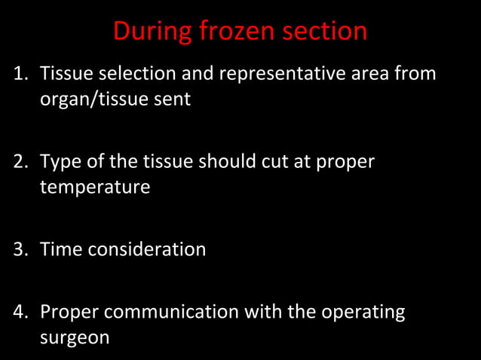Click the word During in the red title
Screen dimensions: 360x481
coord(152,32)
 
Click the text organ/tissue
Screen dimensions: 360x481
coord(93,99)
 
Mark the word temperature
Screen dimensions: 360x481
coord(94,187)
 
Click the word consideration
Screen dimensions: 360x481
coord(147,249)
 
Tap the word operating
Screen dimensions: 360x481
coord(363,312)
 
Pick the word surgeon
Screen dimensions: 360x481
coord(74,337)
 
